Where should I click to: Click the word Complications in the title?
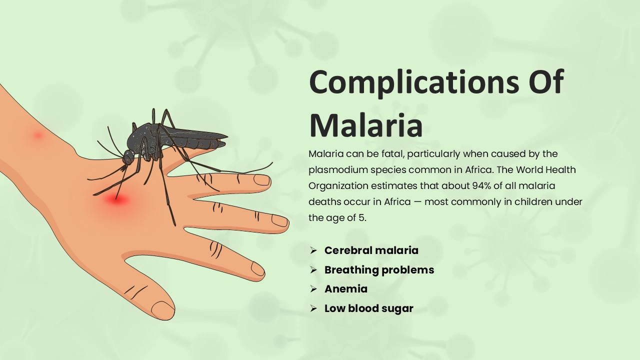point(408,82)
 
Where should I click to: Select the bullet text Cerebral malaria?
point(371,250)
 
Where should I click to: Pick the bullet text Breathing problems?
point(379,270)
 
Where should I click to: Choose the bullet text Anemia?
point(345,289)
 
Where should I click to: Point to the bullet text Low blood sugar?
point(368,308)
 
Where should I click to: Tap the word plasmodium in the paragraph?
point(334,169)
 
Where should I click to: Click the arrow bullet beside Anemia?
point(313,289)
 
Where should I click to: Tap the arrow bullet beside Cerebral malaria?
point(313,250)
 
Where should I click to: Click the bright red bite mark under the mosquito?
point(117,200)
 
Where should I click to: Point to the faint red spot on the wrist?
point(38,135)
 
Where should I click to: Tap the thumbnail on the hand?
point(162,309)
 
